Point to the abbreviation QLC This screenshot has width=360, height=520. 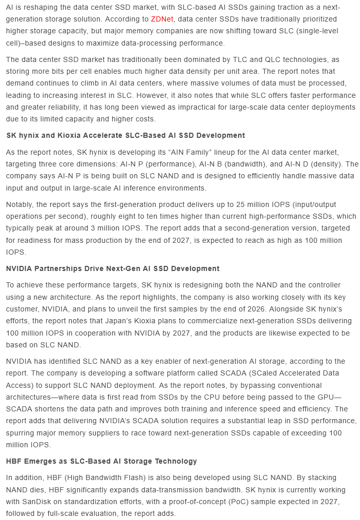[x=225, y=59]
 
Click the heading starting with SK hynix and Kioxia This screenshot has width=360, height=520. [x=125, y=135]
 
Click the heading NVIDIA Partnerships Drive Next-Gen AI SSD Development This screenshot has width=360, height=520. [x=113, y=268]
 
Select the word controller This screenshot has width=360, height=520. [x=284, y=285]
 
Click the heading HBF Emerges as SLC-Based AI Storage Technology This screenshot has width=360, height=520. [x=101, y=461]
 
